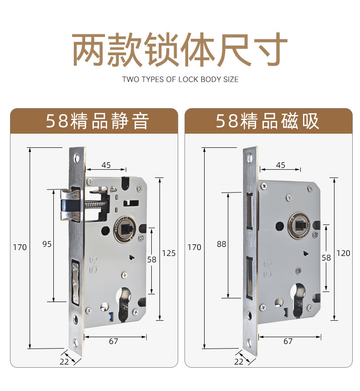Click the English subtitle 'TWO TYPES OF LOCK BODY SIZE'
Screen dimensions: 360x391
pyautogui.click(x=180, y=79)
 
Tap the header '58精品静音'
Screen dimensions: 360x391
pyautogui.click(x=98, y=121)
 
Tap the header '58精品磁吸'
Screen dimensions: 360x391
pyautogui.click(x=267, y=121)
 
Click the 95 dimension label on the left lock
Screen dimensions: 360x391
pyautogui.click(x=47, y=244)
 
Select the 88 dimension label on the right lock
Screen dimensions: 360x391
pyautogui.click(x=221, y=244)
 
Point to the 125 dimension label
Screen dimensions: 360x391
pyautogui.click(x=169, y=253)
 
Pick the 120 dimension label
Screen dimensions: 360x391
pyautogui.click(x=343, y=253)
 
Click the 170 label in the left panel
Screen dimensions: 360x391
pyautogui.click(x=20, y=247)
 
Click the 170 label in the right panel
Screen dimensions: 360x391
pyautogui.click(x=194, y=247)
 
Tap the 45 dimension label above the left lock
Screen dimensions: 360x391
pyautogui.click(x=106, y=165)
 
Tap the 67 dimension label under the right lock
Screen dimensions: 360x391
pyautogui.click(x=288, y=341)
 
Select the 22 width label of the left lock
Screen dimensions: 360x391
pyautogui.click(x=64, y=362)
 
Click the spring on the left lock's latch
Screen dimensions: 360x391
pyautogui.click(x=94, y=204)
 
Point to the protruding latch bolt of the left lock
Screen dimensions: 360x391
pyautogui.click(x=70, y=205)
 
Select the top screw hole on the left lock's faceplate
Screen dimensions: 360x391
pyautogui.click(x=77, y=158)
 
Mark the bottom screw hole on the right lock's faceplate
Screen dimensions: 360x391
pyautogui.click(x=250, y=343)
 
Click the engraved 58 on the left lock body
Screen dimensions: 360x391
pyautogui.click(x=93, y=264)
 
